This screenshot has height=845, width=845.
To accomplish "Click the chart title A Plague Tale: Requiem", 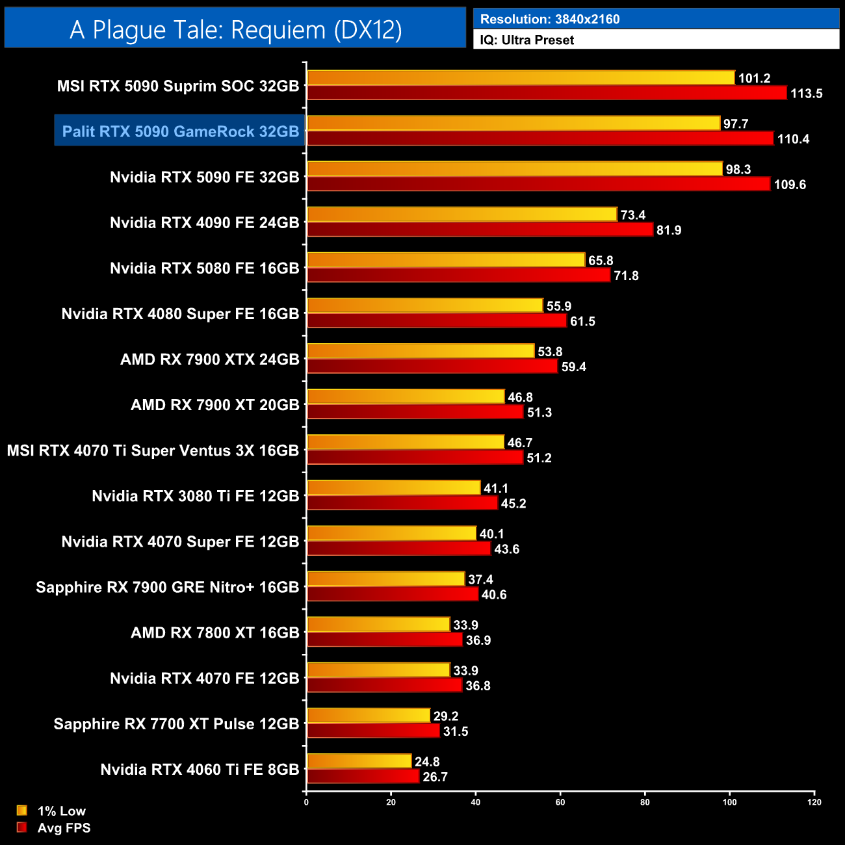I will pyautogui.click(x=235, y=29).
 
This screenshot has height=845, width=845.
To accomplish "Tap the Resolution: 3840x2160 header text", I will pyautogui.click(x=550, y=19).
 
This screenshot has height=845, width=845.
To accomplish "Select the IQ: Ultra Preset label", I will pyautogui.click(x=526, y=40).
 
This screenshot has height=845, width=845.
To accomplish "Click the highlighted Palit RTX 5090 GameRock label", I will pyautogui.click(x=180, y=131).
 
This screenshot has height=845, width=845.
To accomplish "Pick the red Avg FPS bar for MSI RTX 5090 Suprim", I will pyautogui.click(x=546, y=93).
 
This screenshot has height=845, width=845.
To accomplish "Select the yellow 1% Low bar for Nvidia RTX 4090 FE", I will pyautogui.click(x=461, y=214).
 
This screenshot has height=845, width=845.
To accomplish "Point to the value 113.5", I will pyautogui.click(x=806, y=94).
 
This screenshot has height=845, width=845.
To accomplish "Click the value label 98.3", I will pyautogui.click(x=738, y=170).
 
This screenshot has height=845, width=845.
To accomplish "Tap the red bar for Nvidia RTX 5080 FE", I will pyautogui.click(x=458, y=275).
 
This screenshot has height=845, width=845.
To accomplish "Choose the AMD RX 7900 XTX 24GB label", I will pyautogui.click(x=209, y=359).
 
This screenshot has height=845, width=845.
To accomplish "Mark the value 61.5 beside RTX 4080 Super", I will pyautogui.click(x=582, y=322).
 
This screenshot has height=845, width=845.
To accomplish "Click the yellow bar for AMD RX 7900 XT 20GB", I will pyautogui.click(x=405, y=396).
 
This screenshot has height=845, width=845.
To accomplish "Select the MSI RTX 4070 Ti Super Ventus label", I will pyautogui.click(x=153, y=450).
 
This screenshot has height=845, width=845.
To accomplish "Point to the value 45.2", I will pyautogui.click(x=513, y=504).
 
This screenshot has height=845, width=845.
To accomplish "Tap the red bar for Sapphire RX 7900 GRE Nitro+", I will pyautogui.click(x=392, y=594).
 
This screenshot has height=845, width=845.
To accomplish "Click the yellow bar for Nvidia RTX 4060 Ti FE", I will pyautogui.click(x=359, y=761).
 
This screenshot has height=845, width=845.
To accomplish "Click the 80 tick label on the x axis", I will pyautogui.click(x=645, y=802).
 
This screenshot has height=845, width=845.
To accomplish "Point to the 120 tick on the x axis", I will pyautogui.click(x=814, y=802).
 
